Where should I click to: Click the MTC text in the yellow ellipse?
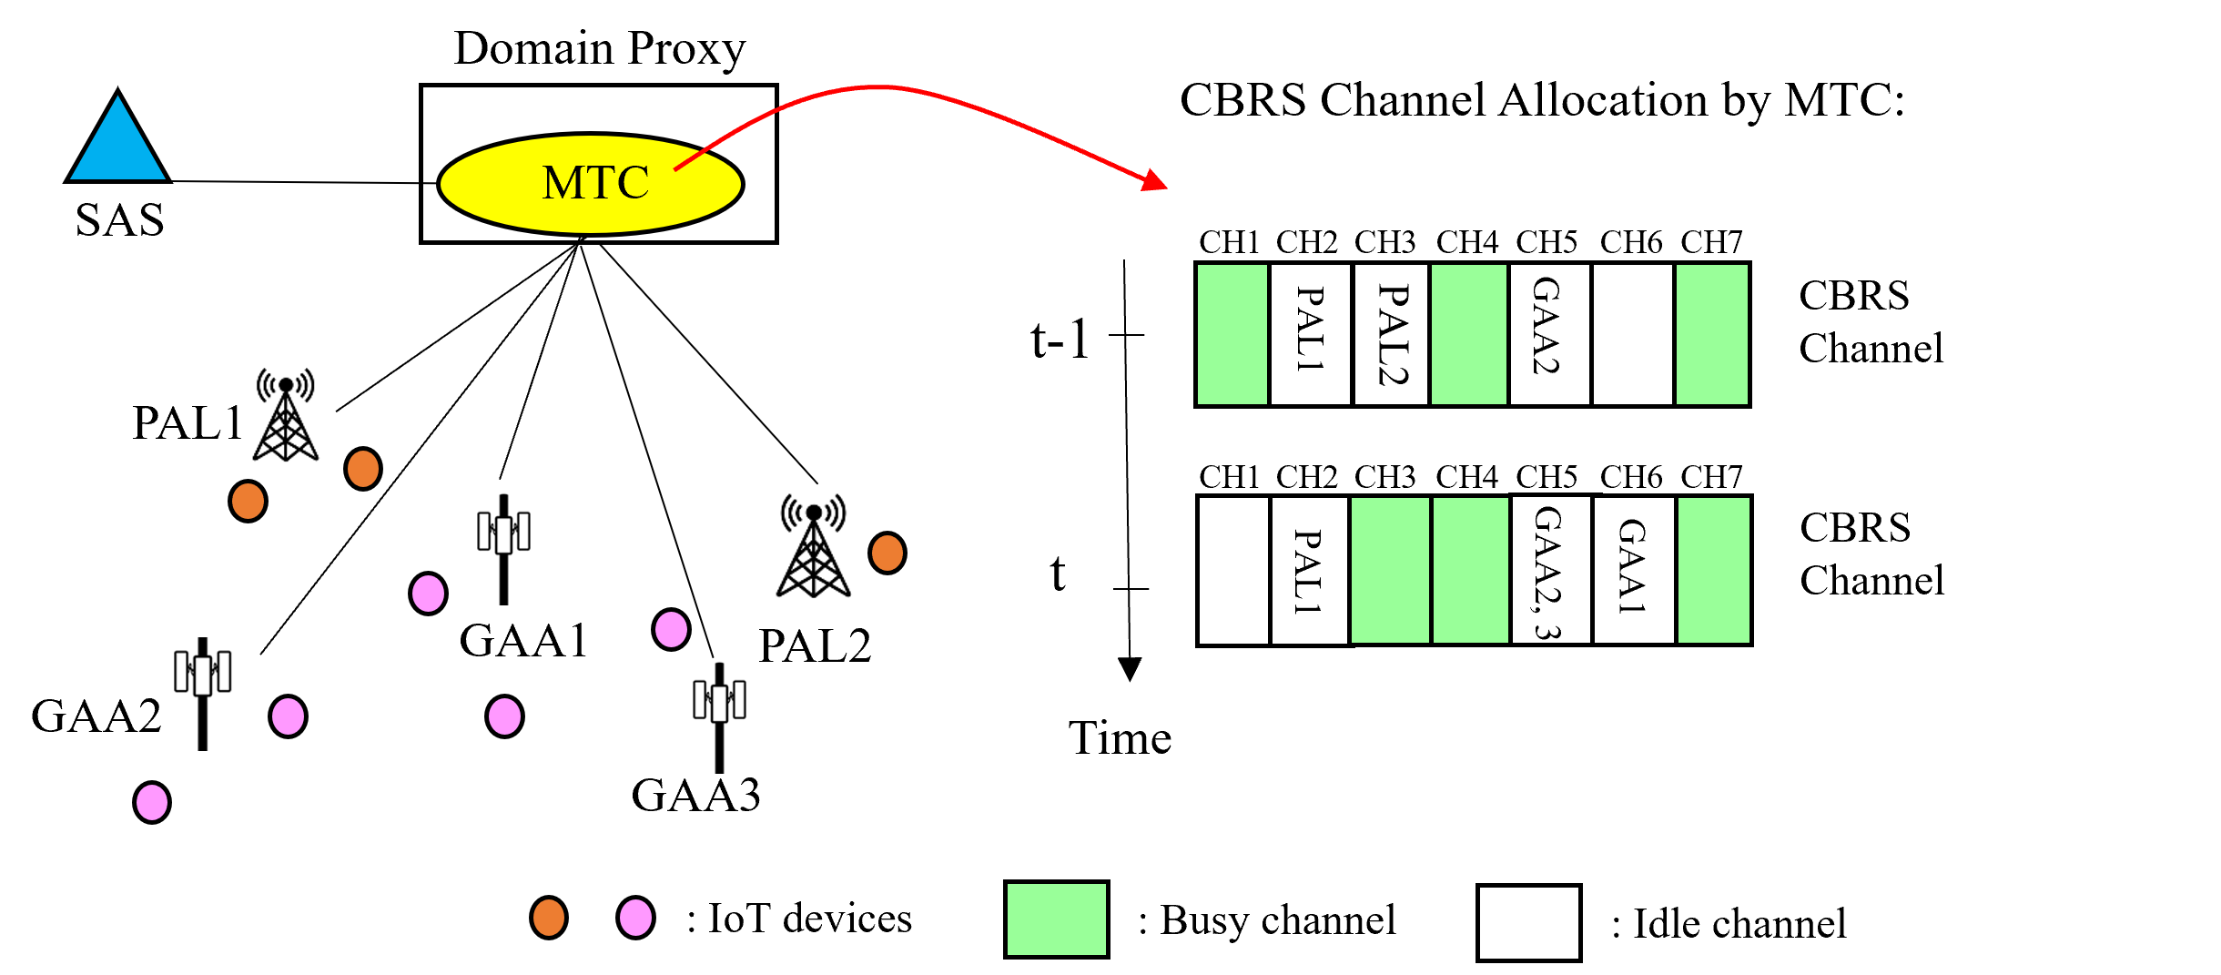pos(595,183)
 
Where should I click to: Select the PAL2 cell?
pos(1391,334)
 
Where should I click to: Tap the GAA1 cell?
pos(1633,570)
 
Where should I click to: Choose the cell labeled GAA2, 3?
pos(1550,570)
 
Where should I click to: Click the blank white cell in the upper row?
pos(1632,334)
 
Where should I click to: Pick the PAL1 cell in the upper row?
pos(1310,334)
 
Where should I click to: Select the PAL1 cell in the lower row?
pos(1309,571)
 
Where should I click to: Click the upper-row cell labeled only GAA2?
pos(1549,334)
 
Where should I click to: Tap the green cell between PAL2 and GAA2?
pos(1468,334)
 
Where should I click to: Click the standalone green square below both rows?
pos(1056,919)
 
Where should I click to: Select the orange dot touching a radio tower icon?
pos(887,553)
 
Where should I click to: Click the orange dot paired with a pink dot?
pos(548,917)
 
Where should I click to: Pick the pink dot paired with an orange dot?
pos(635,917)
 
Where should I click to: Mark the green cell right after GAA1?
pos(1713,570)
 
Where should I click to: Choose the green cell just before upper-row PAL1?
pos(1232,334)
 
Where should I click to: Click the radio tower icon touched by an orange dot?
pos(817,542)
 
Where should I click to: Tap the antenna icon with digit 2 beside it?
pos(195,694)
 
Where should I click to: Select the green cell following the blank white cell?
pos(1711,334)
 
